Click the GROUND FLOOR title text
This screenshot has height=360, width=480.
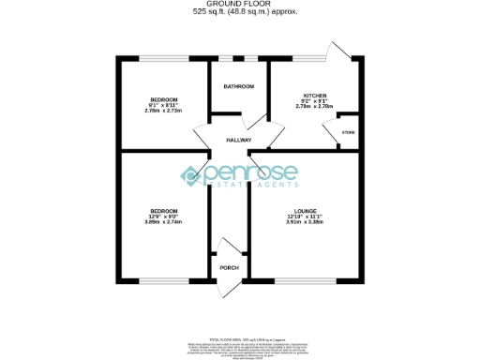[239, 5]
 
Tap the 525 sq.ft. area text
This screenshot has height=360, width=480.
[239, 12]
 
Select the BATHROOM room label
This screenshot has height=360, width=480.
[239, 86]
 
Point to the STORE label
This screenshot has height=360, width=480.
[348, 133]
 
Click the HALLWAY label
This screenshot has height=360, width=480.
[239, 140]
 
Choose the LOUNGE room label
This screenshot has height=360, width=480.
[306, 211]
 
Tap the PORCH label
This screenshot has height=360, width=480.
[229, 269]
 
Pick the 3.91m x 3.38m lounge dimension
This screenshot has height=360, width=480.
[306, 223]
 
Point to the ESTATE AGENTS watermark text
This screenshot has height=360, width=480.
[246, 187]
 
